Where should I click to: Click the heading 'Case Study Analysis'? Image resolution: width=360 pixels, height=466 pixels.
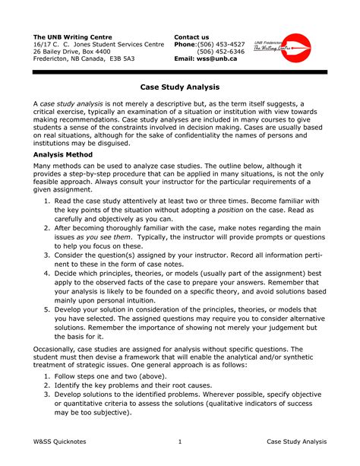(180, 87)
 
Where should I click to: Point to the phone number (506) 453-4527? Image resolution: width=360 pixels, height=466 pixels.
(221, 45)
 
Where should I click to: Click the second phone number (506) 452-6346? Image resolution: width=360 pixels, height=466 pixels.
(221, 52)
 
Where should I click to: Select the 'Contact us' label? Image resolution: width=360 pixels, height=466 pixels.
(191, 36)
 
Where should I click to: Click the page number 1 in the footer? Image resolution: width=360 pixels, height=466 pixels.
(179, 442)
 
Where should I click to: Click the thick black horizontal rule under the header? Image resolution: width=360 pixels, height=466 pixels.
(180, 71)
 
